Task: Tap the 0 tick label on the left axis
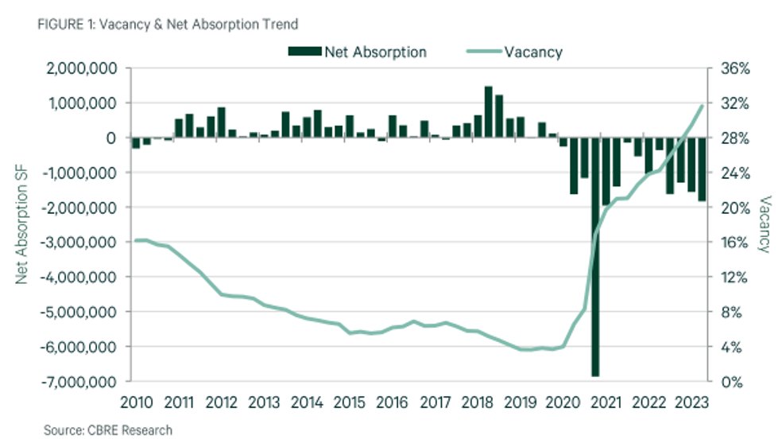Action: click(113, 138)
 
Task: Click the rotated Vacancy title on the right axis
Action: click(765, 224)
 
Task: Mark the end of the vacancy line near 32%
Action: click(702, 105)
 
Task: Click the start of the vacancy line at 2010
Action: click(136, 240)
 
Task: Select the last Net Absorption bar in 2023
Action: click(702, 169)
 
